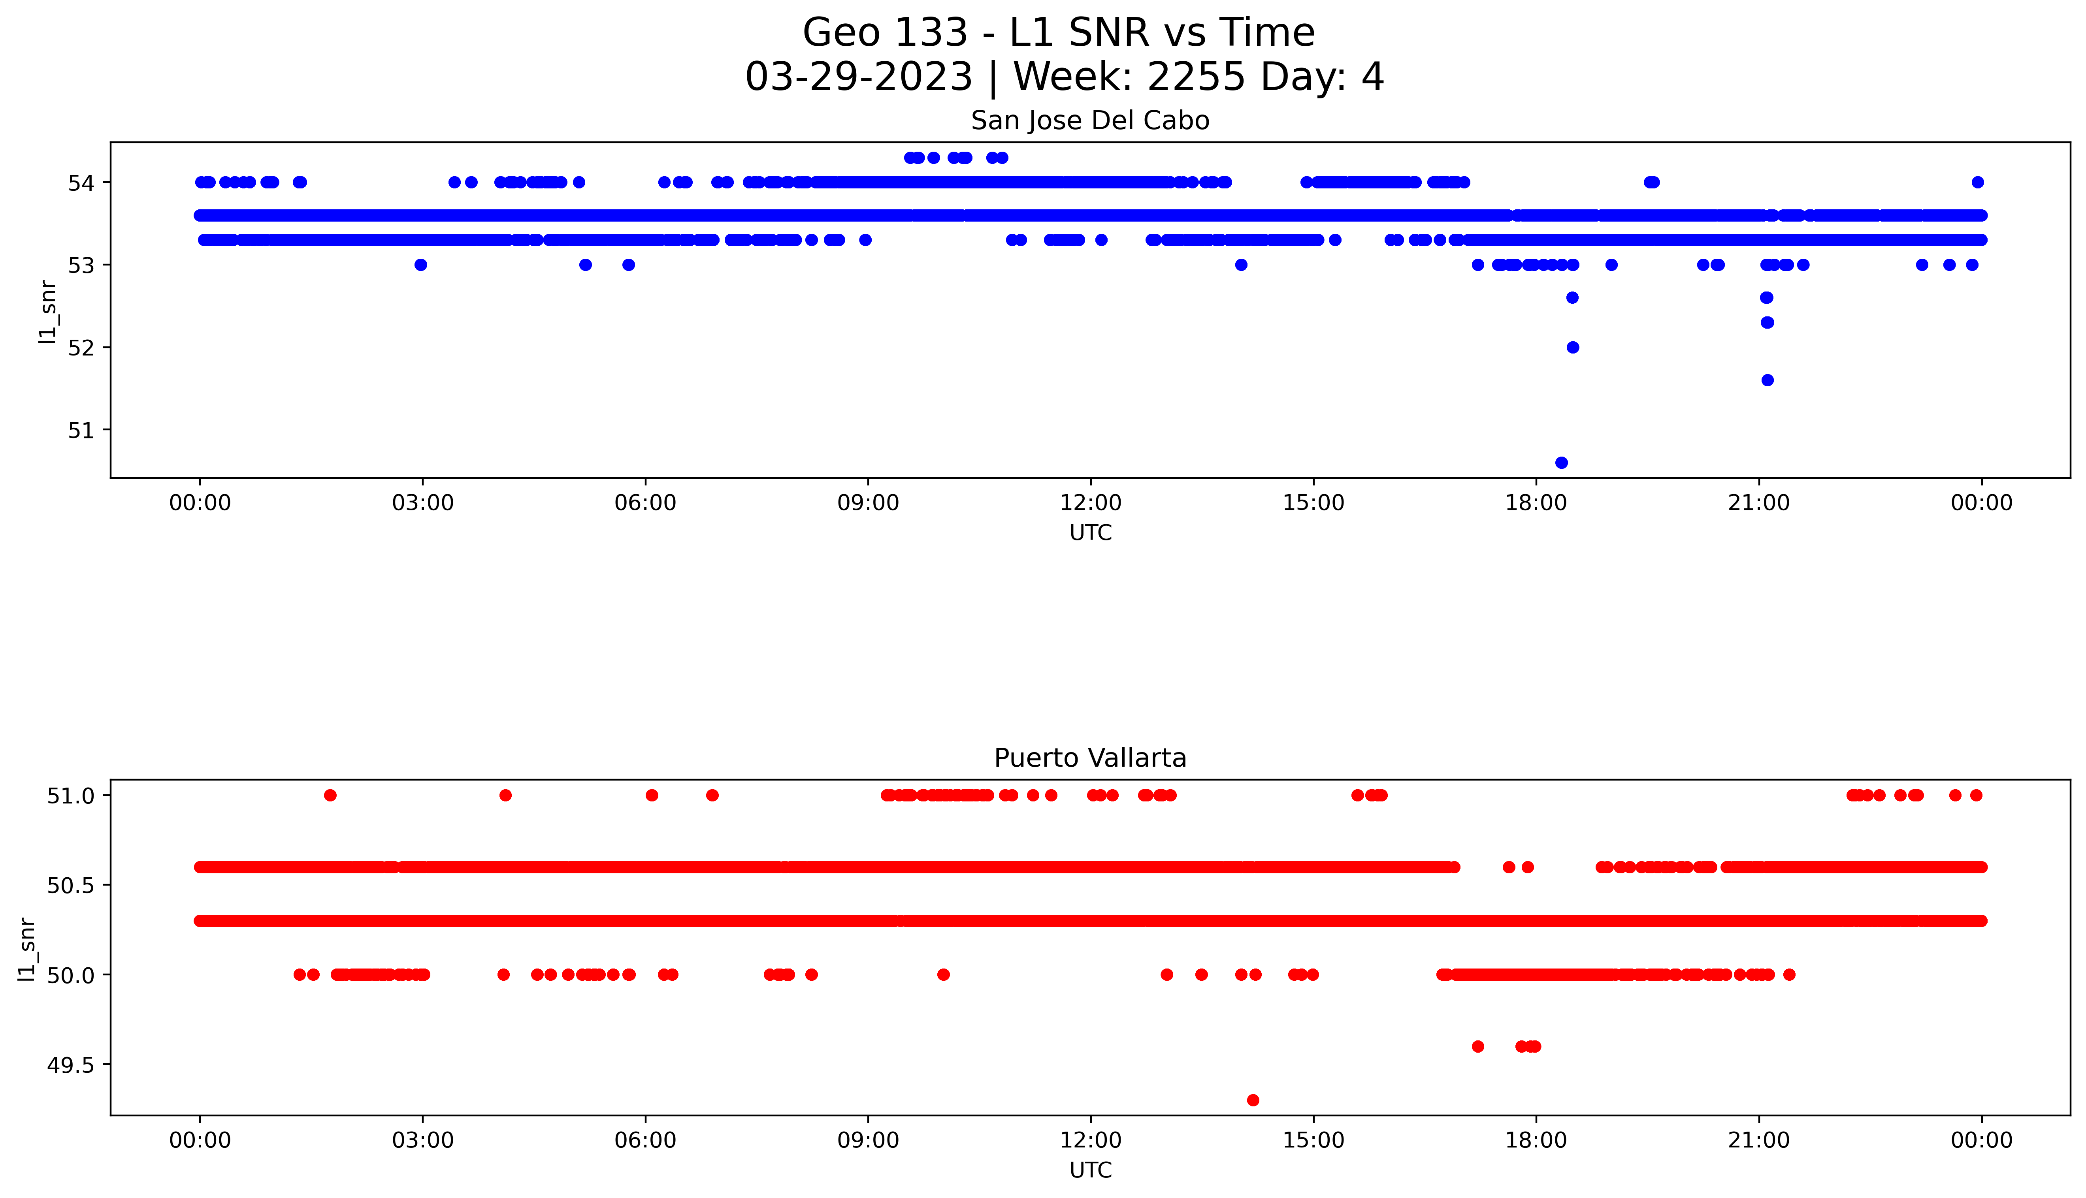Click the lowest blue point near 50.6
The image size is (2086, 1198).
coord(1561,463)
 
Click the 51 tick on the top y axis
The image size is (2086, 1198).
coord(81,429)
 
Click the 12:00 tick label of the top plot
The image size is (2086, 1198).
coord(1090,503)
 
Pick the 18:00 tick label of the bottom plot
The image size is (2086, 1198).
coord(1536,1140)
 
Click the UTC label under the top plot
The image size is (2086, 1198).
coord(1090,533)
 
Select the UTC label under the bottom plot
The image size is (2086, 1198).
coord(1090,1170)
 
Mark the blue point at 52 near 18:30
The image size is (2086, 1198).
coord(1573,347)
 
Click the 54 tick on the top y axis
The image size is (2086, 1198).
coord(81,182)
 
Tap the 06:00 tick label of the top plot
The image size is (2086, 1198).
coord(645,503)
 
